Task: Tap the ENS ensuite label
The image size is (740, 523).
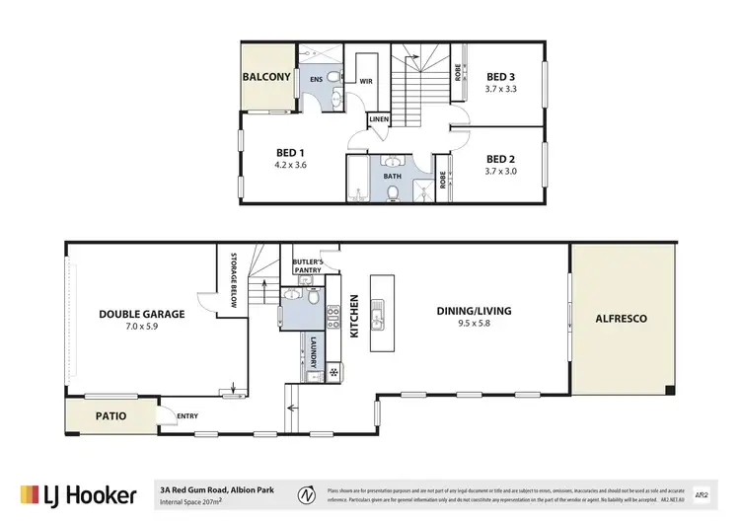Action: point(317,78)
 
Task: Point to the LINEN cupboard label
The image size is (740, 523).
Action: point(380,120)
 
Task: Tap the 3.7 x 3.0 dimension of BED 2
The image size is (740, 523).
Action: point(502,171)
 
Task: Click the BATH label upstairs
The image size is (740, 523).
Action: point(392,177)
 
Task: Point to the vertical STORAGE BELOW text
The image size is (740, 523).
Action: point(235,282)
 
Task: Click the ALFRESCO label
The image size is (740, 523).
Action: point(622,319)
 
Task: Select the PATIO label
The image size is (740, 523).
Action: point(111,415)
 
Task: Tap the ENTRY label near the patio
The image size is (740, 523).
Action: point(186,415)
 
